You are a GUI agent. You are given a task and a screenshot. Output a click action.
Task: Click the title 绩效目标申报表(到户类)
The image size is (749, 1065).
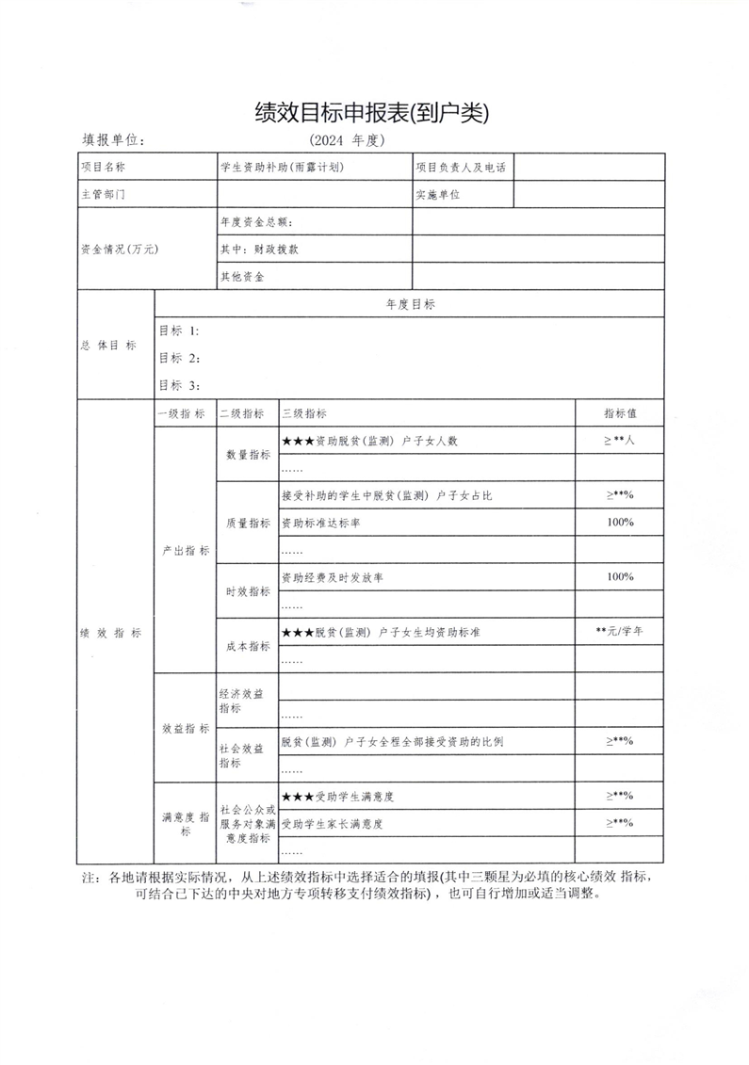373,113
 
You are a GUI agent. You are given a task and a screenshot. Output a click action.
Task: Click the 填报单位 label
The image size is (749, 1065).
113,140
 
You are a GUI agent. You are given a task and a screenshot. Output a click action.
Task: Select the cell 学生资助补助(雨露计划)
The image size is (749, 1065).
282,168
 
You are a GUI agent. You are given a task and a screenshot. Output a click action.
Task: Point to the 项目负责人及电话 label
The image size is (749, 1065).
461,168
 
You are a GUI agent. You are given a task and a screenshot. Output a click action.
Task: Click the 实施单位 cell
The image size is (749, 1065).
438,195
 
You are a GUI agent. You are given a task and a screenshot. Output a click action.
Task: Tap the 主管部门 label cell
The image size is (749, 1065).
103,195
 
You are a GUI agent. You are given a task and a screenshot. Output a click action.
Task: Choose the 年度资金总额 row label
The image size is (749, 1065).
257,222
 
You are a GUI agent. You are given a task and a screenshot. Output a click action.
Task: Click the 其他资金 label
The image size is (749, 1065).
242,277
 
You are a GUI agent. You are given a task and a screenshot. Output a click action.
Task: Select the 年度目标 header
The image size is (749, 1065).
410,304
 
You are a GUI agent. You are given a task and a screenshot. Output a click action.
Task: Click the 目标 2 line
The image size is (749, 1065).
179,358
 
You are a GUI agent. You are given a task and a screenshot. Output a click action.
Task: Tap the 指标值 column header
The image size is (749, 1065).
620,413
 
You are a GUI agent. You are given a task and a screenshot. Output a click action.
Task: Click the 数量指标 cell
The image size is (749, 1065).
248,454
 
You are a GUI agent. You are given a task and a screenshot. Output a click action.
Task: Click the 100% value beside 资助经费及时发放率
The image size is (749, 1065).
620,576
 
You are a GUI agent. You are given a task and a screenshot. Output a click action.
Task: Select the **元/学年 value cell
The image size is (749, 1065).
620,631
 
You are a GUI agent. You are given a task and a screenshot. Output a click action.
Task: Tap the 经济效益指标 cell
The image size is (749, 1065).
242,700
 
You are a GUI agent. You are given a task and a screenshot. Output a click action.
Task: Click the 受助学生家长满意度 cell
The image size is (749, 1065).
336,823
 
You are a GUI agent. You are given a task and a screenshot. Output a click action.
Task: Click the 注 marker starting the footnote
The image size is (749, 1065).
90,877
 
